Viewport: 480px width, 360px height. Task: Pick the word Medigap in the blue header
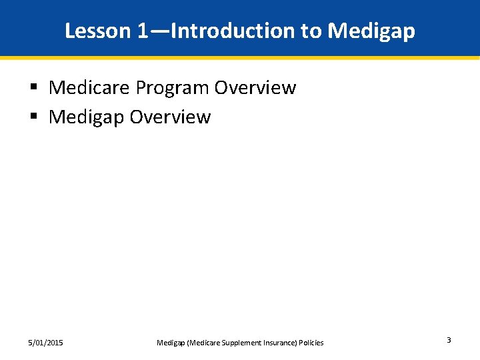pyautogui.click(x=373, y=31)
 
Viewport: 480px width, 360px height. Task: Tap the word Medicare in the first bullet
pyautogui.click(x=89, y=87)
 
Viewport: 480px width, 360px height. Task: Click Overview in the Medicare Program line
pyautogui.click(x=256, y=87)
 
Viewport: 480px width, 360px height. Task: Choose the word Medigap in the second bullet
pyautogui.click(x=87, y=117)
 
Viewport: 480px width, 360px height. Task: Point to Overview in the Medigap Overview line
pyautogui.click(x=171, y=117)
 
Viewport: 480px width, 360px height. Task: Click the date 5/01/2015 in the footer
pyautogui.click(x=46, y=343)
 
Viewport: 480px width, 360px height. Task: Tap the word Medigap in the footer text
pyautogui.click(x=171, y=343)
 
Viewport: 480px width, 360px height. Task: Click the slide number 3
pyautogui.click(x=449, y=341)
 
